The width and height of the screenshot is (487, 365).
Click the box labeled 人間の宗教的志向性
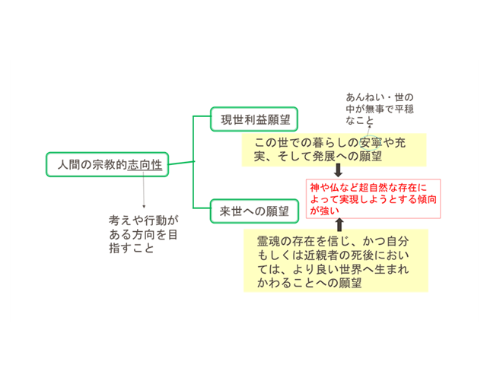pos(107,164)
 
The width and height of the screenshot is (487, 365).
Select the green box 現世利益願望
pos(254,119)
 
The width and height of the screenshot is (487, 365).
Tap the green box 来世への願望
pos(254,211)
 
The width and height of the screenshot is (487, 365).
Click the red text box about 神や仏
pos(374,198)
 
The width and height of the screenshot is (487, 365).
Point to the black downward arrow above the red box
pos(338,170)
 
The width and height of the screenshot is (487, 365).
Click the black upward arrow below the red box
pos(339,224)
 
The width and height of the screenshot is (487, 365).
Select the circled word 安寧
pos(371,143)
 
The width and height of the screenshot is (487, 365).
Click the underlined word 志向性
pos(145,165)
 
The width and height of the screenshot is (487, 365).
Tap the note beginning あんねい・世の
pos(380,109)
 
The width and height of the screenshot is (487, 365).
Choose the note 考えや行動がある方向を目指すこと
pos(144,234)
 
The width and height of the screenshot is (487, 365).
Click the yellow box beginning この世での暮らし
pos(334,150)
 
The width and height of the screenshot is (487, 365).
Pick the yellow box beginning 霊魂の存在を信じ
pos(336,261)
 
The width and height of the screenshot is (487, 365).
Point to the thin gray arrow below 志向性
pos(144,190)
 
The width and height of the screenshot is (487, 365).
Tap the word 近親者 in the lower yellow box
pos(321,255)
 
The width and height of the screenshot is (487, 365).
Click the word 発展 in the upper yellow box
pos(324,156)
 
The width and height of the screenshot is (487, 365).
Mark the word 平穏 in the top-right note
pos(404,109)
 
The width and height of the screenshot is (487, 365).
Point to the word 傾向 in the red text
pos(427,199)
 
